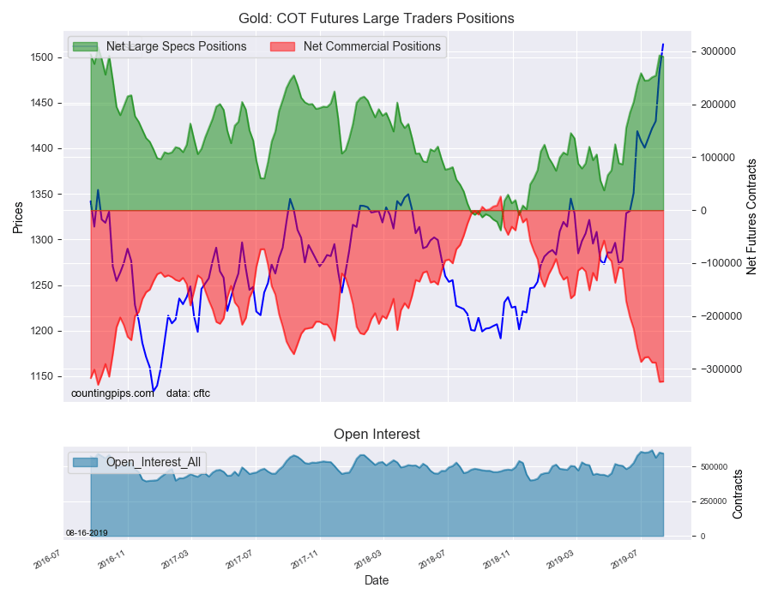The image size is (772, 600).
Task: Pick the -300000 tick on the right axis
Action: tap(714, 369)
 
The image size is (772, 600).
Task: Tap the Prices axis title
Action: tap(18, 218)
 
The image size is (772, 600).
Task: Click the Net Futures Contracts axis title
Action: tap(752, 216)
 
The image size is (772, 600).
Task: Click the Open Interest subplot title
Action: tap(377, 435)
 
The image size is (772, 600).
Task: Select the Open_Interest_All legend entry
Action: tap(154, 462)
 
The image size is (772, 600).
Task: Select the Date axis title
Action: tap(377, 580)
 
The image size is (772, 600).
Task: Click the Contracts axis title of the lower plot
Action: tap(738, 493)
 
